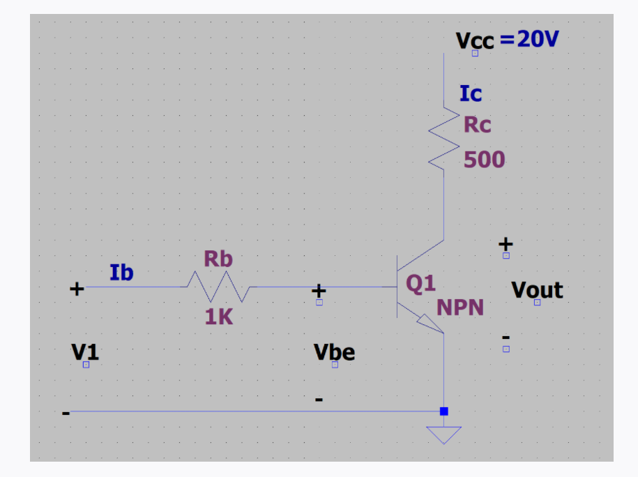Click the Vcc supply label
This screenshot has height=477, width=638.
475,40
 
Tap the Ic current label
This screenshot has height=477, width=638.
471,93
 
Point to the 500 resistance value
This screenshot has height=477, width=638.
484,160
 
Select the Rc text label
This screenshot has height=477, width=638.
478,125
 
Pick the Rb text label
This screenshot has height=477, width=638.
218,259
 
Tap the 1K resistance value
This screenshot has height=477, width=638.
219,317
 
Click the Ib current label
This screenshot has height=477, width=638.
121,273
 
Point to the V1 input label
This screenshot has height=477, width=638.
85,352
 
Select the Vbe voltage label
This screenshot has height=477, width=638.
335,352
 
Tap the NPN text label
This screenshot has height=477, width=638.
460,308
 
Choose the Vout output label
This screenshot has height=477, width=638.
537,290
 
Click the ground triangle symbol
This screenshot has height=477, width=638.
444,434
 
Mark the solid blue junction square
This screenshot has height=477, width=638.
444,411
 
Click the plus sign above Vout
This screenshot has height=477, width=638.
506,244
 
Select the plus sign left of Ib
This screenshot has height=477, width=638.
77,288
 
